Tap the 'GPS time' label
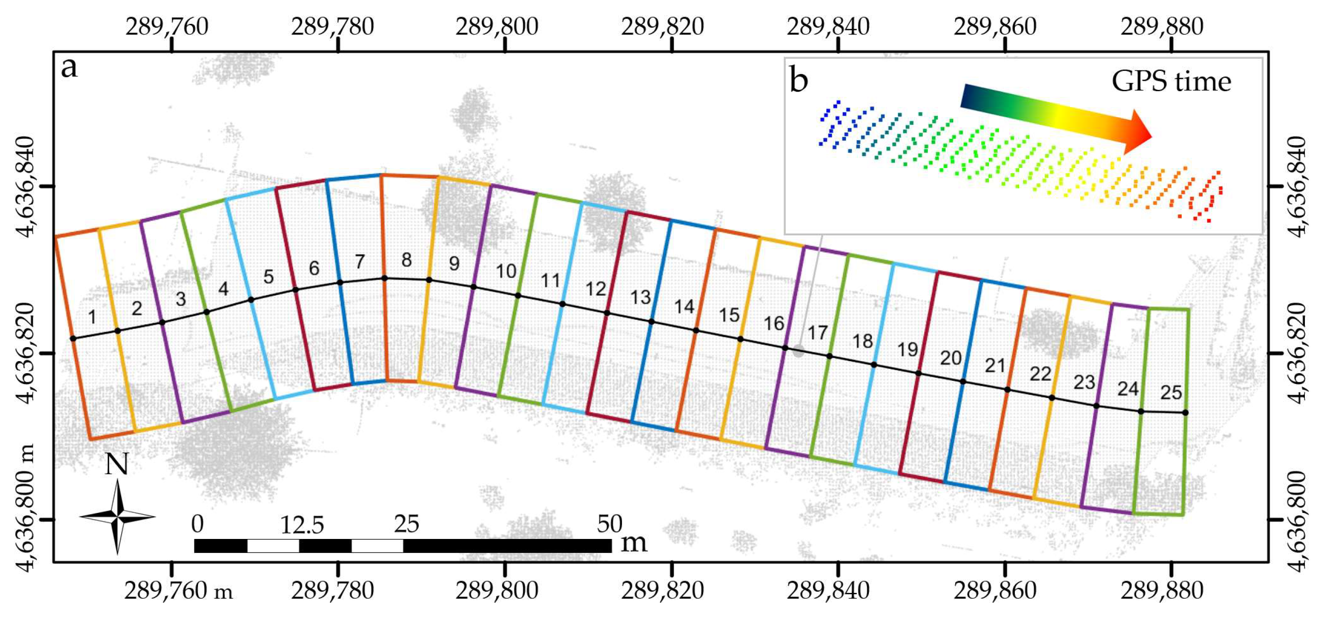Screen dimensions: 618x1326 [1171, 81]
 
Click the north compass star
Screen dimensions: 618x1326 [118, 516]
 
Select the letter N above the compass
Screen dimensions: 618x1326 [117, 464]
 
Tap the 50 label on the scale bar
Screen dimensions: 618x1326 [609, 524]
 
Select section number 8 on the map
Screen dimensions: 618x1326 [407, 260]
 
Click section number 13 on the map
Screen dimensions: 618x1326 [641, 297]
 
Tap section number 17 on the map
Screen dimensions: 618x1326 [817, 333]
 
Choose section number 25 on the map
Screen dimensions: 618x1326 [1171, 393]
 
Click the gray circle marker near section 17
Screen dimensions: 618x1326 [798, 351]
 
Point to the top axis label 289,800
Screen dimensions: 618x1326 [497, 27]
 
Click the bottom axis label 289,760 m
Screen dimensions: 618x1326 [178, 591]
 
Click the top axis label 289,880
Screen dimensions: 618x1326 [1162, 27]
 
